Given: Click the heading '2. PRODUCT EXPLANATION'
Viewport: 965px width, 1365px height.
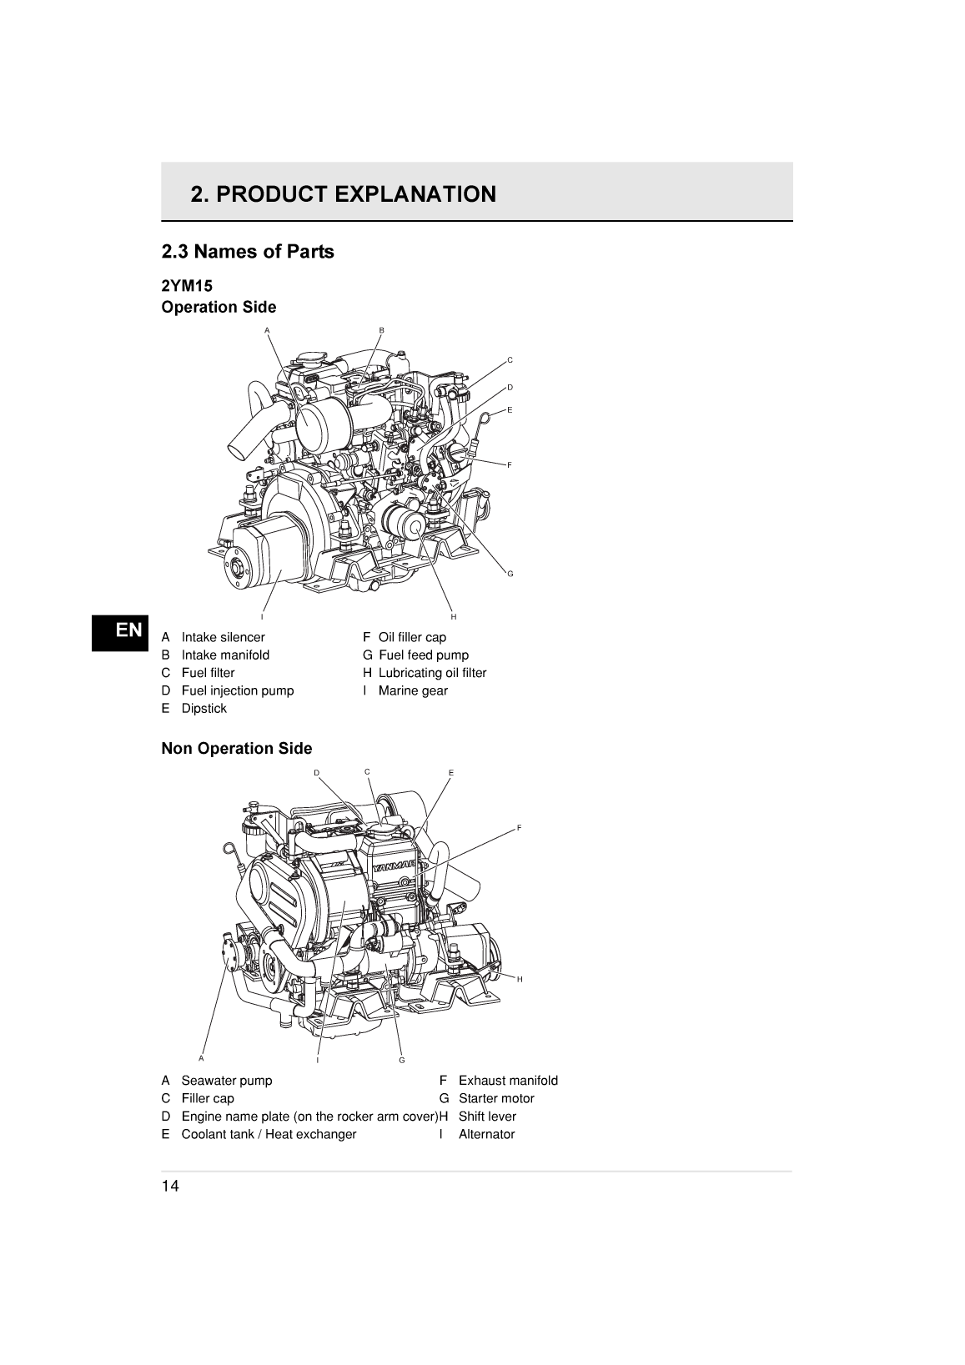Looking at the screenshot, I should tap(343, 194).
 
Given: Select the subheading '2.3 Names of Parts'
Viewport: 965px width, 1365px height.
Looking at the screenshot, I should tap(247, 252).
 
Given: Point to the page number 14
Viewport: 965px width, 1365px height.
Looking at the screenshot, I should tap(170, 1187).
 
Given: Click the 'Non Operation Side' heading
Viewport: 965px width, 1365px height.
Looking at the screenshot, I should tap(236, 749).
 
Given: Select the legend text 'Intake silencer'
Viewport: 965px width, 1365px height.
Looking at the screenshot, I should tap(223, 637).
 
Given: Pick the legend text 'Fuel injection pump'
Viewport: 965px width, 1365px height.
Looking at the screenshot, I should tap(237, 690).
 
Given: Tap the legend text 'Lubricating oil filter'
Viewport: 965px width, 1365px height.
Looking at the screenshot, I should tap(432, 673).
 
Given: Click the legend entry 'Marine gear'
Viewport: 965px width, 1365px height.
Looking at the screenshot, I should tap(413, 690).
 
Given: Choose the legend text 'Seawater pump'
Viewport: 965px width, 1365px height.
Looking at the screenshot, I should tap(226, 1081).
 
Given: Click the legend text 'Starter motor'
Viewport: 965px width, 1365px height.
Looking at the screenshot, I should tap(495, 1098).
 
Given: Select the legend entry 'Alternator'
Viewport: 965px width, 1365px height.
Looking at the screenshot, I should tap(486, 1134).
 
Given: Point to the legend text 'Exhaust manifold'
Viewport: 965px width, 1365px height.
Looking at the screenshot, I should tap(507, 1081).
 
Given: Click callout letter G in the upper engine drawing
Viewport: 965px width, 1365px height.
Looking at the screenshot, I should tap(510, 574).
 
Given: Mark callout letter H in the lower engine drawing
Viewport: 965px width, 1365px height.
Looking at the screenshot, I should tap(520, 979).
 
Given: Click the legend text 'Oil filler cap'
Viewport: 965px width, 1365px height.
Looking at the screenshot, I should tap(412, 637).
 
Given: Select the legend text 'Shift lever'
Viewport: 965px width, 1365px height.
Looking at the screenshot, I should tap(487, 1117).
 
